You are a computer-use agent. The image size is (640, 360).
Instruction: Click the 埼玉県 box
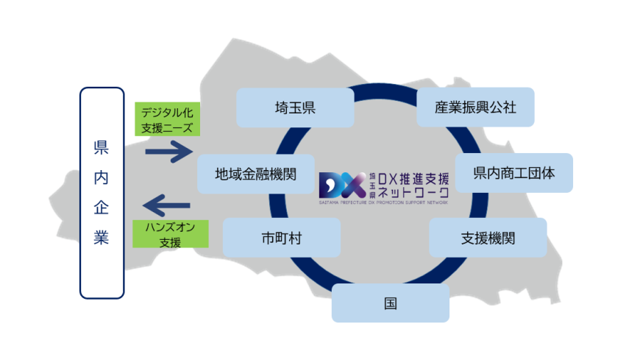point(294,107)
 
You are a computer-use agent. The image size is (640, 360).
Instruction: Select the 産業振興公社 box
point(475,107)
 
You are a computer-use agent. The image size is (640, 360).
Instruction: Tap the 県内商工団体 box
point(513,173)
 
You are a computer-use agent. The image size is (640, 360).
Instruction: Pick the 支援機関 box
point(488,237)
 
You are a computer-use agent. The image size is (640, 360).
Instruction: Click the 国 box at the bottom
point(390,303)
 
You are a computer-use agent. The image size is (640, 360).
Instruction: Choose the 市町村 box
point(281,238)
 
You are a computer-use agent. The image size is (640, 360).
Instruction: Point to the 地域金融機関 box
point(255,174)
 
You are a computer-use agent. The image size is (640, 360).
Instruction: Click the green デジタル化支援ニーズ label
point(168,120)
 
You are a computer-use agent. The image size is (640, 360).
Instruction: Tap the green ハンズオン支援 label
point(170,233)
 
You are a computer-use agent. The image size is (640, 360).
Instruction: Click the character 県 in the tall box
point(102,148)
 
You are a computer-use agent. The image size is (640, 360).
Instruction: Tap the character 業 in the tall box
point(102,239)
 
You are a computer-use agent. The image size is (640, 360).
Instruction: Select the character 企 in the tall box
point(102,208)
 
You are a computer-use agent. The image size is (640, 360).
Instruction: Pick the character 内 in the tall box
point(102,178)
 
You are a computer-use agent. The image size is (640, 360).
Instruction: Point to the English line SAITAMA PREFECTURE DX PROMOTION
point(383,201)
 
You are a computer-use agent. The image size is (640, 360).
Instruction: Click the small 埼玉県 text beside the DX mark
point(372,183)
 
